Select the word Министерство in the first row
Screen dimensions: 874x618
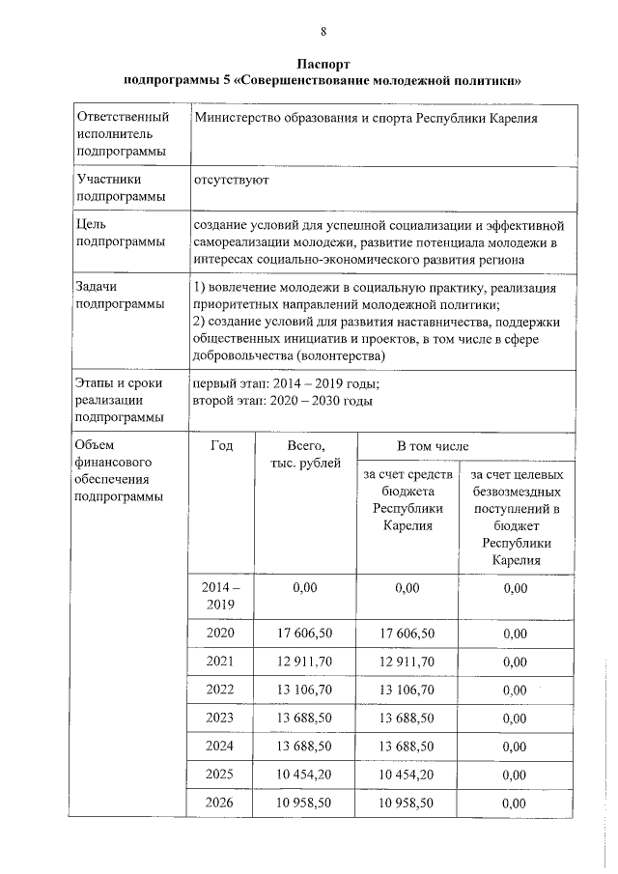pyautogui.click(x=239, y=119)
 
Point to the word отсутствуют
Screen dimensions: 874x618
pyautogui.click(x=231, y=180)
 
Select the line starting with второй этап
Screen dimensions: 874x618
pyautogui.click(x=282, y=401)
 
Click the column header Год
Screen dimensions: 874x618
pyautogui.click(x=221, y=446)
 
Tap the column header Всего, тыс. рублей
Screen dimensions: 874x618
pyautogui.click(x=306, y=455)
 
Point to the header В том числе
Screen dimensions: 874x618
pyautogui.click(x=433, y=447)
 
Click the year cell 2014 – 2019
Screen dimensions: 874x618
pyautogui.click(x=221, y=596)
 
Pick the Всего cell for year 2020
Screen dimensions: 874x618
pyautogui.click(x=305, y=633)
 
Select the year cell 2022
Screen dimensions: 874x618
pyautogui.click(x=221, y=690)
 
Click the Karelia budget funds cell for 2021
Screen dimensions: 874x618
pyautogui.click(x=407, y=661)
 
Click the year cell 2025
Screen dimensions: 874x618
pyautogui.click(x=221, y=775)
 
